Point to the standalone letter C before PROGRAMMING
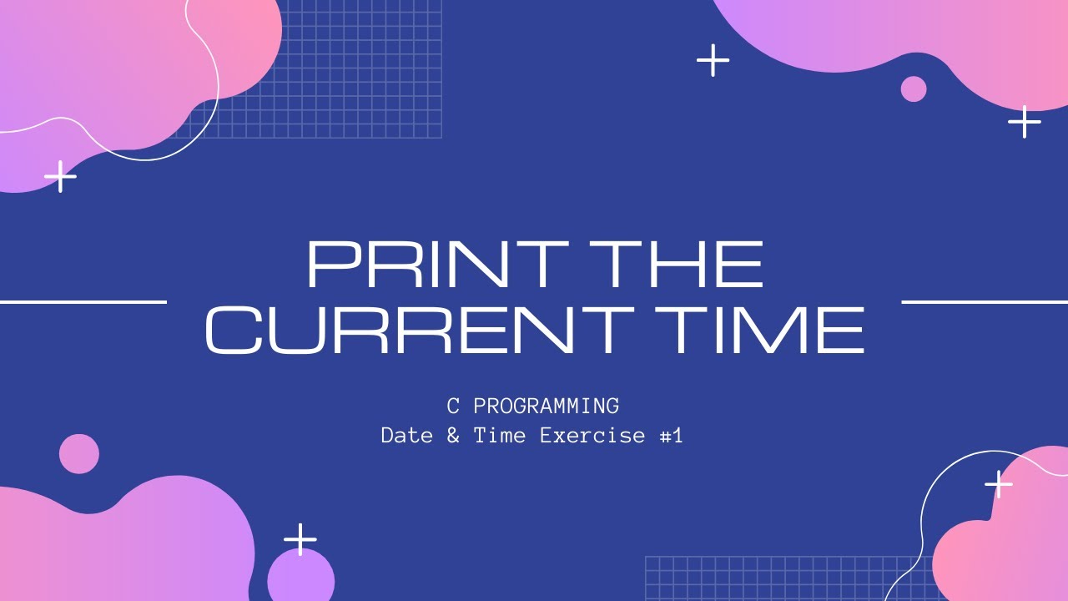[453, 407]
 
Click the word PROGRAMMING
[546, 407]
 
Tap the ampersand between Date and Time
[453, 435]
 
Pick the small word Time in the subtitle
[499, 435]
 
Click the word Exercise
[592, 435]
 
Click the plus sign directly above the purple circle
[300, 539]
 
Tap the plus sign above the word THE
[713, 60]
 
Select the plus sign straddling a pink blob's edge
[999, 483]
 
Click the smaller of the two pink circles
[914, 88]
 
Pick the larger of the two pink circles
[79, 454]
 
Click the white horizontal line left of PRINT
[83, 301]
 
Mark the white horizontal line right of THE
[985, 301]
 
